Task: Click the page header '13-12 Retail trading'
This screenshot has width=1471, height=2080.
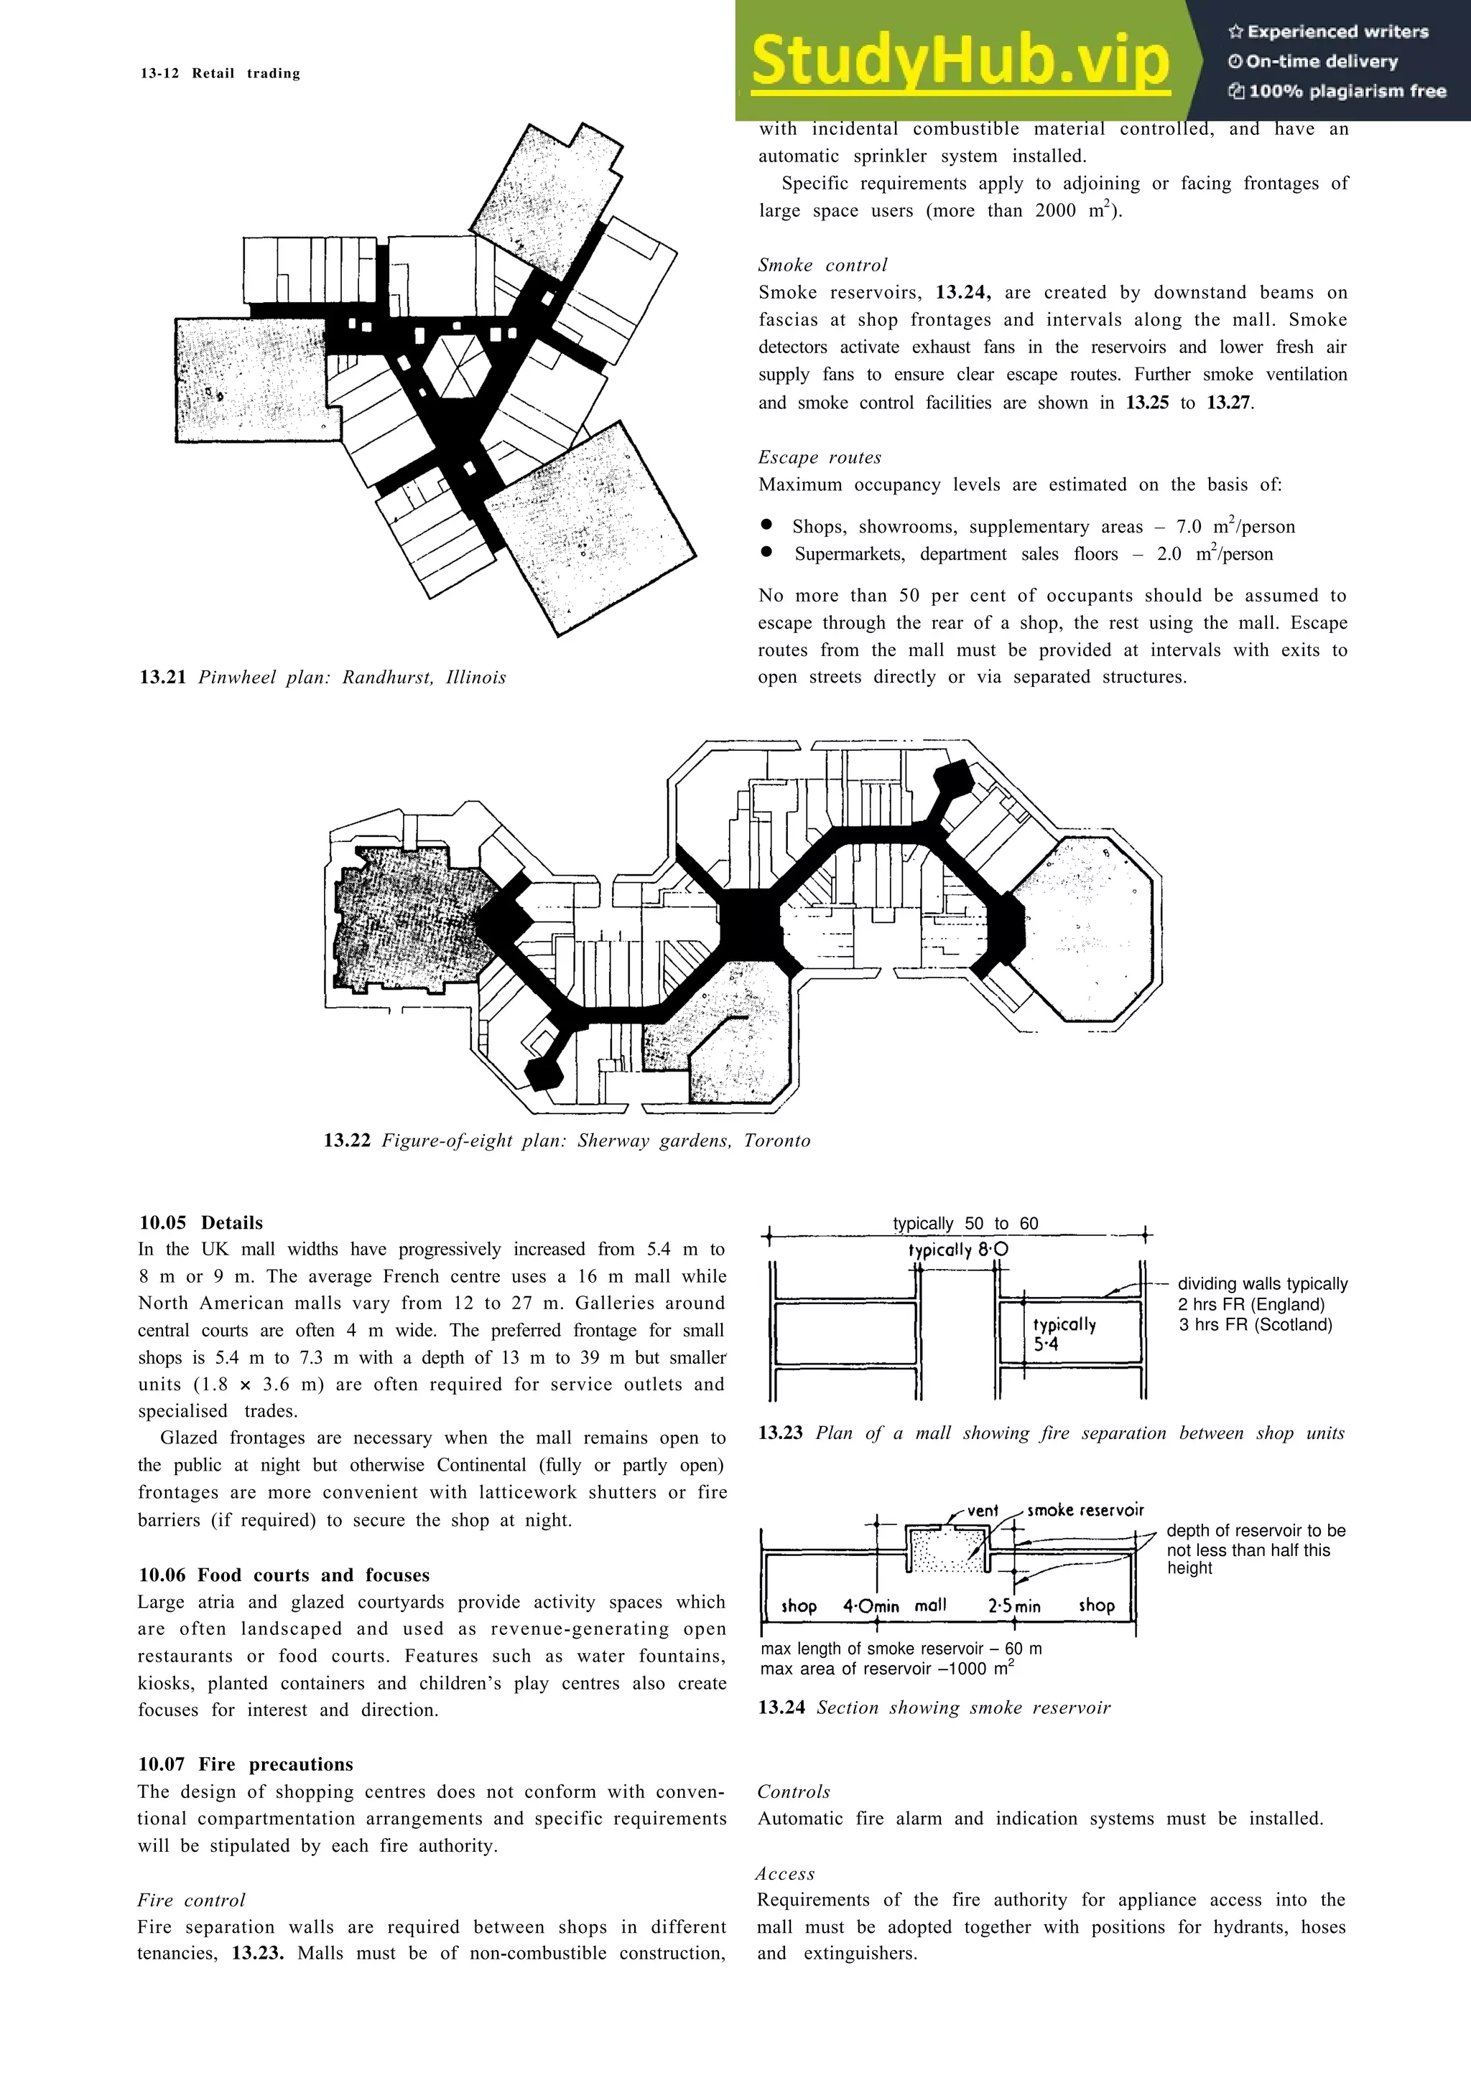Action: [221, 73]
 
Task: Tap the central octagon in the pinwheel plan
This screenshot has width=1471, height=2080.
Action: [458, 365]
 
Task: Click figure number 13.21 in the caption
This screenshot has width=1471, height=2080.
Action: [162, 678]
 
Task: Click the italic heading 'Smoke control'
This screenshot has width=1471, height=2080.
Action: [822, 266]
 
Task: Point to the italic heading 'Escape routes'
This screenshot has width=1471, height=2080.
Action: [820, 457]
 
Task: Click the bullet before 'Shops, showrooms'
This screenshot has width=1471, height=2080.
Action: [767, 525]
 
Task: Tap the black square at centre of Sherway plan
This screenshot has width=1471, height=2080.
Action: [748, 923]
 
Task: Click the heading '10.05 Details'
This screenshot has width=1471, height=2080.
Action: [200, 1222]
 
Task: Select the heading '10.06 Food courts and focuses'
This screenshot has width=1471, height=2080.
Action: [284, 1575]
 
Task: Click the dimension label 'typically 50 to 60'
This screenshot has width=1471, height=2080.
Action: [965, 1223]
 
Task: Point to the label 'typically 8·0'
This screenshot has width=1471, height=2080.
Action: [958, 1250]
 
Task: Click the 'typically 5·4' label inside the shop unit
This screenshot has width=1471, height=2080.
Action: [1063, 1334]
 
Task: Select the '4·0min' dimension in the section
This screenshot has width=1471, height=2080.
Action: [870, 1606]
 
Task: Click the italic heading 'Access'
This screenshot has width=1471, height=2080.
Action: [785, 1873]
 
